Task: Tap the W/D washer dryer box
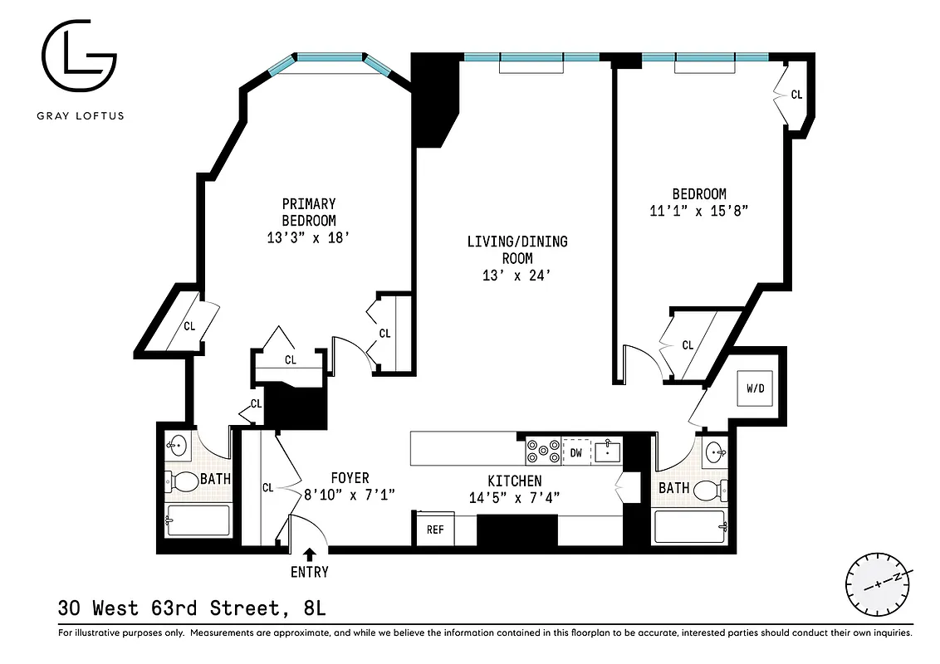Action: coord(756,388)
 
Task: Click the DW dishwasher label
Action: coord(575,452)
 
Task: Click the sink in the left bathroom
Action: coord(177,447)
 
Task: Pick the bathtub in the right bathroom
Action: coord(691,527)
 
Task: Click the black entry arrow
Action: coord(310,554)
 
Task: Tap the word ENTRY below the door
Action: coord(310,572)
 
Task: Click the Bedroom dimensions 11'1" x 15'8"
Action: coord(699,211)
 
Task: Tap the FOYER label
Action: coord(350,478)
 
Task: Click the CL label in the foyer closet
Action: coord(267,488)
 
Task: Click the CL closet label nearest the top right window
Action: coord(796,95)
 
